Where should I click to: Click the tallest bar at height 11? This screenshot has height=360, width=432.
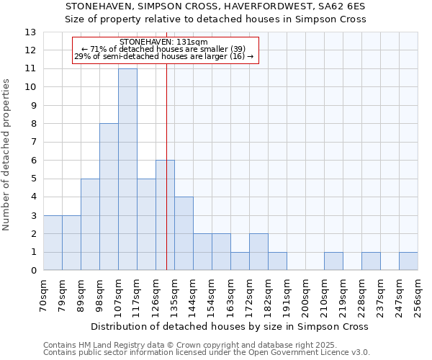(127, 169)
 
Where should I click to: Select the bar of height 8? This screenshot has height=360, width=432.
(109, 197)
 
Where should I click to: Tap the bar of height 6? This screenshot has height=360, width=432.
(165, 215)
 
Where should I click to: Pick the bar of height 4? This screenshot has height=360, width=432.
(184, 233)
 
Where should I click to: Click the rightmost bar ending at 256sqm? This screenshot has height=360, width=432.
(408, 261)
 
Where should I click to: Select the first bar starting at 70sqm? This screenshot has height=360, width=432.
(53, 243)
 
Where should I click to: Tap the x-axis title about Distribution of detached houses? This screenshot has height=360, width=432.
(230, 326)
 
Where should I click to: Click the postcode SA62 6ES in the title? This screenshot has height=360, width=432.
(341, 6)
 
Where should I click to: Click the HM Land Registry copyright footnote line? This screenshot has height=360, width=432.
(206, 345)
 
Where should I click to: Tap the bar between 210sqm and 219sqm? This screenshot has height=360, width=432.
(333, 261)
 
